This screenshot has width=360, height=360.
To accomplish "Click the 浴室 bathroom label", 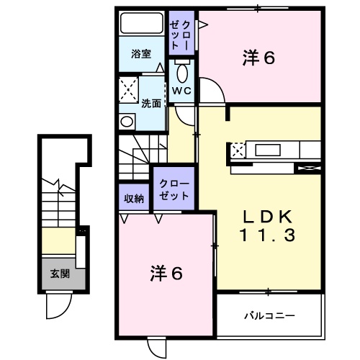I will tap(141, 54).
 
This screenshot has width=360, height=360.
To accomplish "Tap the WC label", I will tap(180, 91).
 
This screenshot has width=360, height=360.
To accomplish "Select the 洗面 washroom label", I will tap(150, 103).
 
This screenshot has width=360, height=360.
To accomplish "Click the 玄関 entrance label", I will tap(59, 274).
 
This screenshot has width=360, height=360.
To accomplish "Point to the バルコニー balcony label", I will tap(269, 315).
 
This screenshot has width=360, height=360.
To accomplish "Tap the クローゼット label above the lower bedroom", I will tap(172, 189).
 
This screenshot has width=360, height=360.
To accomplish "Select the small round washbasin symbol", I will tap(128, 121).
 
